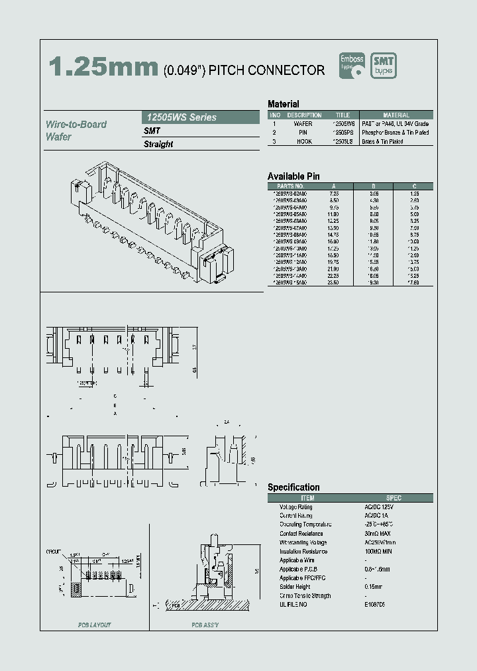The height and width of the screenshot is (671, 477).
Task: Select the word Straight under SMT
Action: coord(158,144)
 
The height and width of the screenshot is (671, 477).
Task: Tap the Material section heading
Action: coord(283,104)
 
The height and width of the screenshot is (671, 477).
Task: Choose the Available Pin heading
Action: coord(293,176)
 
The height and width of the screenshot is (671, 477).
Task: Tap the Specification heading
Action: coord(293,487)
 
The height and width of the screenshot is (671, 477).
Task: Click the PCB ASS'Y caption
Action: coord(205,625)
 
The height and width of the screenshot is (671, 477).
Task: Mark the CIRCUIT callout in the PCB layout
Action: coord(54,551)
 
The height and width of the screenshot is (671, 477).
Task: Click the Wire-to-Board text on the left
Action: coord(76,124)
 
